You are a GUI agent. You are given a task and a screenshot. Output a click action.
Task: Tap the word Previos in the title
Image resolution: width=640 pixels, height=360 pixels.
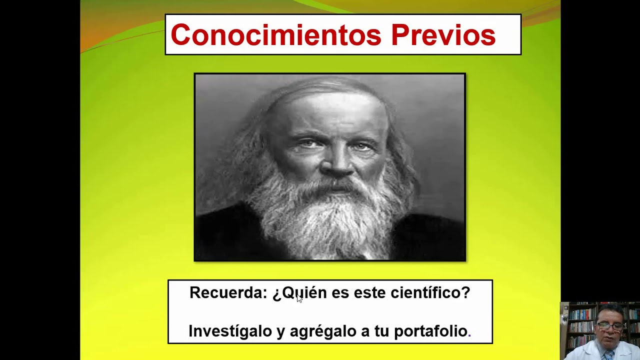point(443,34)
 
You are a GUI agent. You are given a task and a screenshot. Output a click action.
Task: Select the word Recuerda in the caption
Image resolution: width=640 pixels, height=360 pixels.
point(228,292)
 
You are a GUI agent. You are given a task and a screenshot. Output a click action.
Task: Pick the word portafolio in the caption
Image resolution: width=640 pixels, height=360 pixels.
point(430,330)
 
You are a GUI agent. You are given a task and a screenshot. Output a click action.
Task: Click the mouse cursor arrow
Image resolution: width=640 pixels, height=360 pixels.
point(299,298)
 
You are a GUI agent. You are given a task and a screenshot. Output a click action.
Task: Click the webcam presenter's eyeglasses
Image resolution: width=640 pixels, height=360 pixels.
point(609,326)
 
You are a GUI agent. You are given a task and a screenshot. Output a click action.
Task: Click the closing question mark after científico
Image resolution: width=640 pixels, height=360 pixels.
point(466,292)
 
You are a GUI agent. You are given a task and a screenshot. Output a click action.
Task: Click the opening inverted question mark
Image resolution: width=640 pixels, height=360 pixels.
point(277,293)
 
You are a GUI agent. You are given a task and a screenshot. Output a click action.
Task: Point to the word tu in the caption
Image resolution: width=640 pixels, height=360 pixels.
point(381,330)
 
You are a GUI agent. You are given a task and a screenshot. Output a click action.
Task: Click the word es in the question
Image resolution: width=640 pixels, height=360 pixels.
point(340,292)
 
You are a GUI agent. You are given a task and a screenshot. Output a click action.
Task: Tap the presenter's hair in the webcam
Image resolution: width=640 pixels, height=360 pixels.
point(610,311)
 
